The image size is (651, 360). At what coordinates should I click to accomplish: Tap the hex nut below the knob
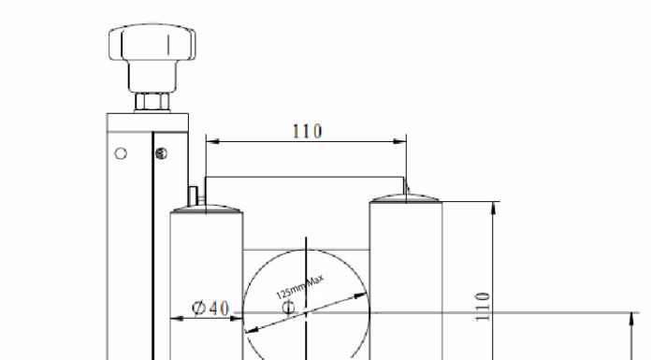click(x=152, y=102)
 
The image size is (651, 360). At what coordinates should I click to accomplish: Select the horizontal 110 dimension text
click(x=307, y=131)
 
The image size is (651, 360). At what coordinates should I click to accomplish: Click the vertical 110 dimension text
click(x=483, y=307)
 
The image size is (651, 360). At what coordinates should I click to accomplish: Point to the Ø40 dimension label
click(x=210, y=308)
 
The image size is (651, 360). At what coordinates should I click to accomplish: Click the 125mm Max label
click(x=299, y=286)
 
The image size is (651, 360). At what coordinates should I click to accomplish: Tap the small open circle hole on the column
click(x=121, y=153)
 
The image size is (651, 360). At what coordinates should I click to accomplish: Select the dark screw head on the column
click(x=161, y=153)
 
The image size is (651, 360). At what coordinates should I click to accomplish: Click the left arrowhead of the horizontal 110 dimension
click(x=212, y=141)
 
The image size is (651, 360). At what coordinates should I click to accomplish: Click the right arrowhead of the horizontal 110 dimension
click(x=399, y=141)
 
